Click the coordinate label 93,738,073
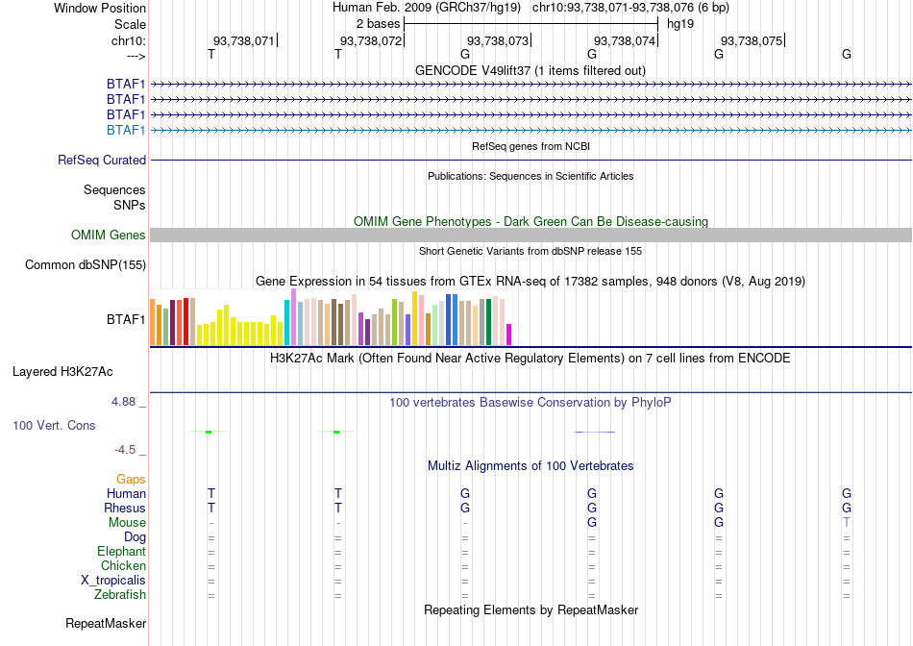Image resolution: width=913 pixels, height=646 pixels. (498, 40)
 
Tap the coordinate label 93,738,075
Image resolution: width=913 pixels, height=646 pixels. (752, 40)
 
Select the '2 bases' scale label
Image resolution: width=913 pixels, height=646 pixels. (379, 24)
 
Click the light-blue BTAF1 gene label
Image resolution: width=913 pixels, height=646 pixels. (126, 130)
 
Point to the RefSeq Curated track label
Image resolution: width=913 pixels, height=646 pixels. (102, 160)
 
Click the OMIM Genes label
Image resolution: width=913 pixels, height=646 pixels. (109, 235)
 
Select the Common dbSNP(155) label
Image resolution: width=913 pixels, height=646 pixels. (86, 265)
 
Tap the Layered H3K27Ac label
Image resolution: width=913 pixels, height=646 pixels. (62, 372)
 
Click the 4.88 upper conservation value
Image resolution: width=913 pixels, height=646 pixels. (123, 402)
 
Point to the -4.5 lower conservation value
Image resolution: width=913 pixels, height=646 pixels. (125, 450)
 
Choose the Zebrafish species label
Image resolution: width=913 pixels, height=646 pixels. (120, 595)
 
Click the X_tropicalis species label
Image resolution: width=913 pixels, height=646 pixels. (113, 581)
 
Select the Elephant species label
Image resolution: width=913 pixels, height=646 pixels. (122, 551)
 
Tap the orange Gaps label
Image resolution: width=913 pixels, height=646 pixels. (131, 479)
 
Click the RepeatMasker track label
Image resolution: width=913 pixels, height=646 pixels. (106, 623)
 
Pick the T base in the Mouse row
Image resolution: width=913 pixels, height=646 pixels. (846, 523)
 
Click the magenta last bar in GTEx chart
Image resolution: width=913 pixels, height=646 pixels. (509, 335)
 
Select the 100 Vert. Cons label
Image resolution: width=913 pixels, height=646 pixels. (54, 425)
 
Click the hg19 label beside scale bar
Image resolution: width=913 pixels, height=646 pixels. (680, 24)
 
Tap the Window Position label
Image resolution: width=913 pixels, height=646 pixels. (100, 8)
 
